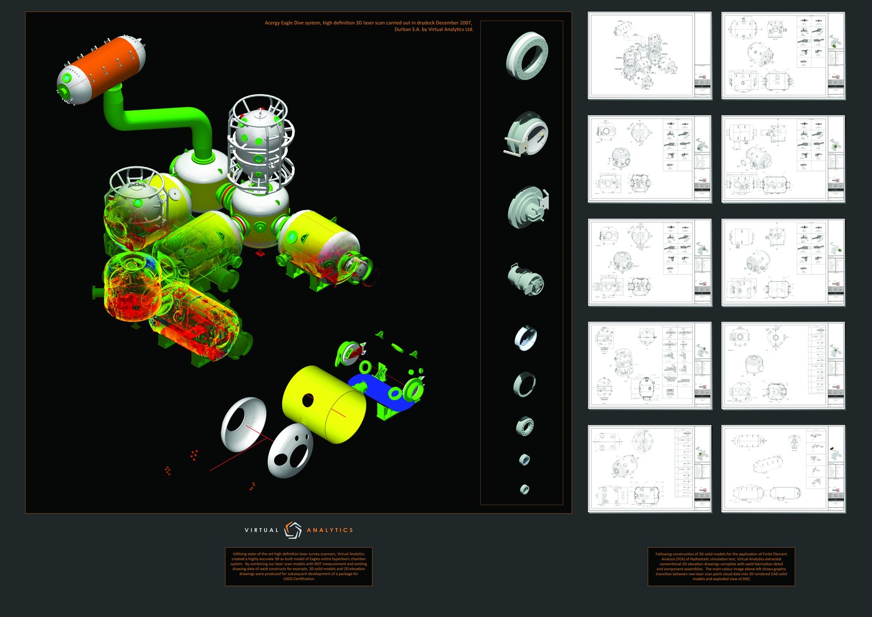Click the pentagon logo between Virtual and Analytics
point(293,530)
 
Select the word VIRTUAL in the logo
point(262,530)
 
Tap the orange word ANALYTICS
point(329,530)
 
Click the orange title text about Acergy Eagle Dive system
point(369,26)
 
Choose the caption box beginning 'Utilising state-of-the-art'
point(298,567)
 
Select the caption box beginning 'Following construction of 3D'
point(721,567)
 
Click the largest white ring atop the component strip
point(527,55)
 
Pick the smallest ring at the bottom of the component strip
point(524,489)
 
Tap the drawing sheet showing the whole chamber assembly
point(649,55)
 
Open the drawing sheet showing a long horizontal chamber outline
point(783,468)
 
